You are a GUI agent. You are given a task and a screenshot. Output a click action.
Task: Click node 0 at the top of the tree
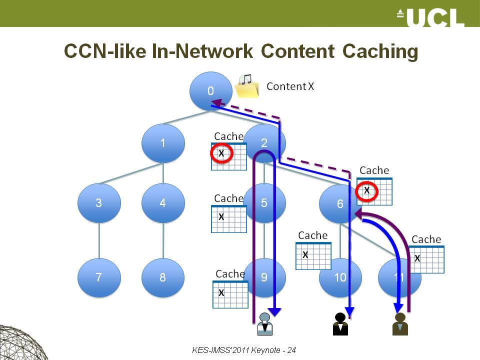point(210,91)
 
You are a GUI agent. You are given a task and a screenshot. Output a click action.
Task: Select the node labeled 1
point(163,143)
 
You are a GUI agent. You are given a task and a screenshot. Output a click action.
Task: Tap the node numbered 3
point(99,202)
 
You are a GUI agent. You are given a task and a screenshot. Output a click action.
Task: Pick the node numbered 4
point(163,202)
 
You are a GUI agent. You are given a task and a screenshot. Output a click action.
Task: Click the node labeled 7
point(99,277)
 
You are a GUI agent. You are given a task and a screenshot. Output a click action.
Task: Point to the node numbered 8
point(163,277)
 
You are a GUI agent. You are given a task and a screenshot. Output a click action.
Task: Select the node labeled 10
point(340,277)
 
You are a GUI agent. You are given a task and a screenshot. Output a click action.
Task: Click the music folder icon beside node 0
point(247,86)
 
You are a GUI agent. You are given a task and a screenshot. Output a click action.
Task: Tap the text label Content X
point(290,86)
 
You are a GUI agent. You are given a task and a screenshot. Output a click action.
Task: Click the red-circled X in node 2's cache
point(221,153)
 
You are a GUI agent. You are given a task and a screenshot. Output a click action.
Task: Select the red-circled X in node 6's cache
point(366,191)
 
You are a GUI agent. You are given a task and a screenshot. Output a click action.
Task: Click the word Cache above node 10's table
point(313,235)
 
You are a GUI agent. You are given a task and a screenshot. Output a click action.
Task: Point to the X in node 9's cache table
point(221,292)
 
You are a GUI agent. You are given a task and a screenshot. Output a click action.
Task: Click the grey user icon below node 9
point(265,324)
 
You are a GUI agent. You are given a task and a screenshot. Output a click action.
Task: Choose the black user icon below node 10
point(340,324)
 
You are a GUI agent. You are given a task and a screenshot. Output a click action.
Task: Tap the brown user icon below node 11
point(400,324)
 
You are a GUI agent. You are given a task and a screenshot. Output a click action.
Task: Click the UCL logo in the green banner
point(430,17)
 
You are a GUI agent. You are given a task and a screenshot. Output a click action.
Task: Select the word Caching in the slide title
point(380,51)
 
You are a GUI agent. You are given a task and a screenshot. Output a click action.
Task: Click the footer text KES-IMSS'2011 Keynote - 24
point(244,350)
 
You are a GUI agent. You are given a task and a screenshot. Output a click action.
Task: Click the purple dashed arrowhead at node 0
point(216,102)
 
